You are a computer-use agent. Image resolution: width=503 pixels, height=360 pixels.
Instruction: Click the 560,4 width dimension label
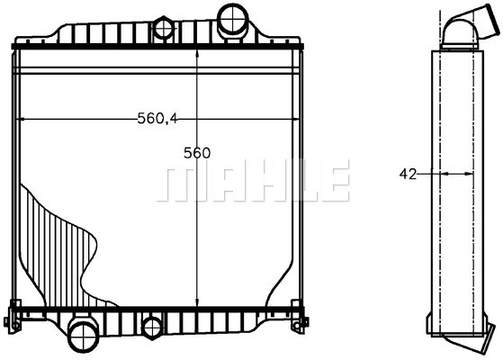pyautogui.click(x=157, y=119)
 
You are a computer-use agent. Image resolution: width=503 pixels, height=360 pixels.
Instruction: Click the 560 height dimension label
pyautogui.click(x=197, y=153)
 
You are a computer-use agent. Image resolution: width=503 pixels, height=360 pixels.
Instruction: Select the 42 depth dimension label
pyautogui.click(x=408, y=174)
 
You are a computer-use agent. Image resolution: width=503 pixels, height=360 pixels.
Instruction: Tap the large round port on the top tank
pyautogui.click(x=233, y=19)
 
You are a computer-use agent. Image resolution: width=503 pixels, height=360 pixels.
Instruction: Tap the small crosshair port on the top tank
pyautogui.click(x=164, y=29)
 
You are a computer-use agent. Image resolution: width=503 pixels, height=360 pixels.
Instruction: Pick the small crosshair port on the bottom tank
pyautogui.click(x=153, y=328)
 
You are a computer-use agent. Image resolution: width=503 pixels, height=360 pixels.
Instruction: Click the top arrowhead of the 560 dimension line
pyautogui.click(x=197, y=54)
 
